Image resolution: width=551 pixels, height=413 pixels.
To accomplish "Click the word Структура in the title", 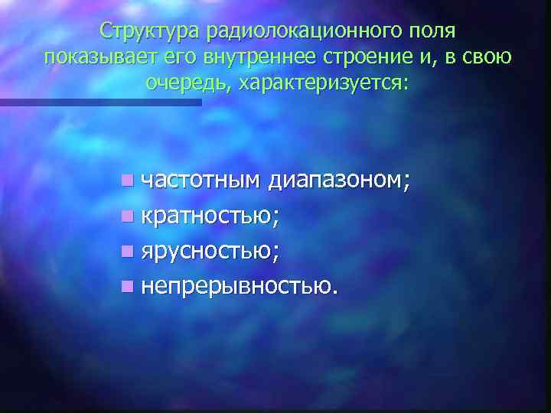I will coord(146,32).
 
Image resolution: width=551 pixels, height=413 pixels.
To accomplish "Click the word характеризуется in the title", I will coord(324,83).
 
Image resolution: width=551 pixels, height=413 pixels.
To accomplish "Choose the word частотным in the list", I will coord(201,180).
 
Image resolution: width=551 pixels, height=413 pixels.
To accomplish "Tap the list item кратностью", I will coord(210,216).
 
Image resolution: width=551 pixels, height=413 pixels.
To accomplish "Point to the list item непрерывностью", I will coord(238,286).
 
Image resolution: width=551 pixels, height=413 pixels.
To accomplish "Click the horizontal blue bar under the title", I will coord(100,102).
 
